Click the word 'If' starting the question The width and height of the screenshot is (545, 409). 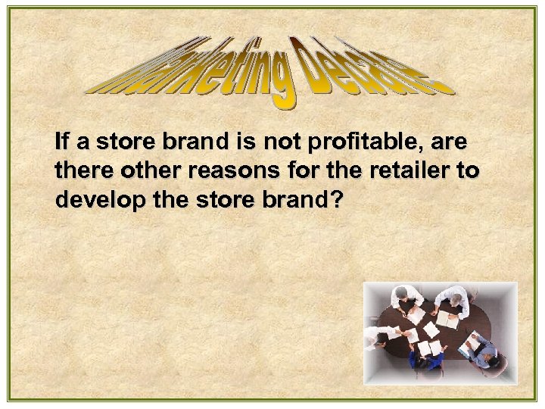[62, 142]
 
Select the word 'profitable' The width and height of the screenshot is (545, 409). [374, 142]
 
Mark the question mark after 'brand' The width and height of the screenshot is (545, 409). [336, 200]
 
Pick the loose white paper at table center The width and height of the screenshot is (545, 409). [429, 329]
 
